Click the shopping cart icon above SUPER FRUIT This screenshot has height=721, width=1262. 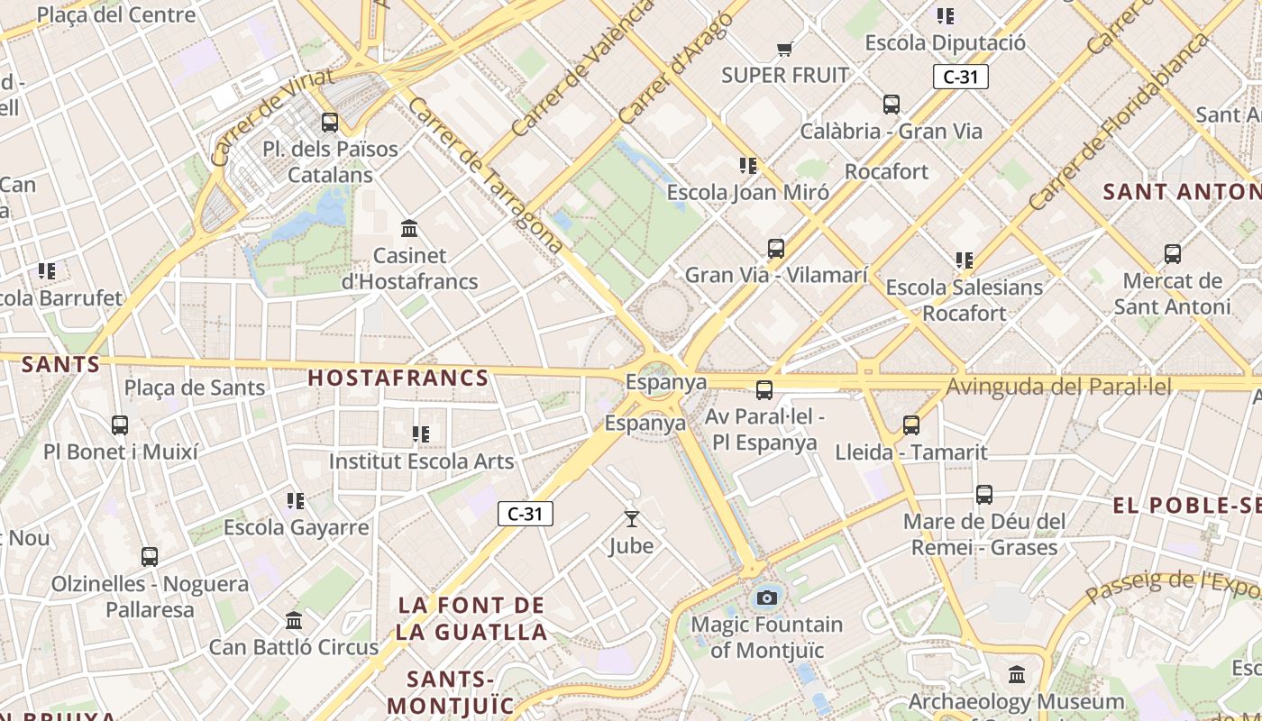pyautogui.click(x=784, y=49)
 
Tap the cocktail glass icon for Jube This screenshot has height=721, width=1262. pyautogui.click(x=631, y=518)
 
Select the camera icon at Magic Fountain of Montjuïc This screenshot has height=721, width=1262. pyautogui.click(x=766, y=597)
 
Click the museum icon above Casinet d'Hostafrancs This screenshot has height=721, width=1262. pyautogui.click(x=409, y=228)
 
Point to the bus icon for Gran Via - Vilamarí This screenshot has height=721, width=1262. pyautogui.click(x=775, y=248)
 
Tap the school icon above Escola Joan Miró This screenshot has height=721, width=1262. pyautogui.click(x=747, y=165)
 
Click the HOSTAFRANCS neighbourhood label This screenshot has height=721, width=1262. pyautogui.click(x=398, y=378)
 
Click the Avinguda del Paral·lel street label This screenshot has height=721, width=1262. pyautogui.click(x=1059, y=388)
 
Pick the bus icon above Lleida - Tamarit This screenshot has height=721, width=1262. pyautogui.click(x=911, y=424)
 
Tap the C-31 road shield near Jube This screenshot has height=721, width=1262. pyautogui.click(x=525, y=514)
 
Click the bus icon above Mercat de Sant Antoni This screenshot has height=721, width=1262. pyautogui.click(x=1172, y=253)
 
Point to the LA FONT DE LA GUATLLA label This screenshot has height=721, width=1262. pyautogui.click(x=471, y=618)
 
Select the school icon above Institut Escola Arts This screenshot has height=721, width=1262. pyautogui.click(x=420, y=434)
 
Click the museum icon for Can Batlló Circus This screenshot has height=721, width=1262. pyautogui.click(x=294, y=620)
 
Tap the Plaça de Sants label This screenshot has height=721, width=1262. pyautogui.click(x=195, y=388)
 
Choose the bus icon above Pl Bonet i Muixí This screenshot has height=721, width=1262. pyautogui.click(x=120, y=424)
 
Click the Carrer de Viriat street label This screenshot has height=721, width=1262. pyautogui.click(x=271, y=116)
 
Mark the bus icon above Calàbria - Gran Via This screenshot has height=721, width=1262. pyautogui.click(x=891, y=104)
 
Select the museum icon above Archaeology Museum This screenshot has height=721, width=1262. pyautogui.click(x=1017, y=674)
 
